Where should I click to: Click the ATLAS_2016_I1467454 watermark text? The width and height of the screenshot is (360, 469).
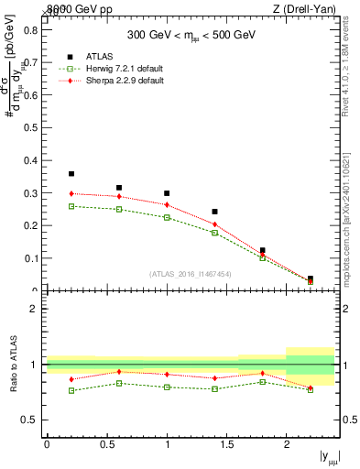pyautogui.click(x=189, y=274)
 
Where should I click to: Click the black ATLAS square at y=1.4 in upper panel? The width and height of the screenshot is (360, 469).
pyautogui.click(x=214, y=212)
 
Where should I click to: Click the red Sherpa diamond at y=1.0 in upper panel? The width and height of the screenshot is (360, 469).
pyautogui.click(x=167, y=204)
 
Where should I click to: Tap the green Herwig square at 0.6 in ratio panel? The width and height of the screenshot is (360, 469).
pyautogui.click(x=119, y=383)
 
